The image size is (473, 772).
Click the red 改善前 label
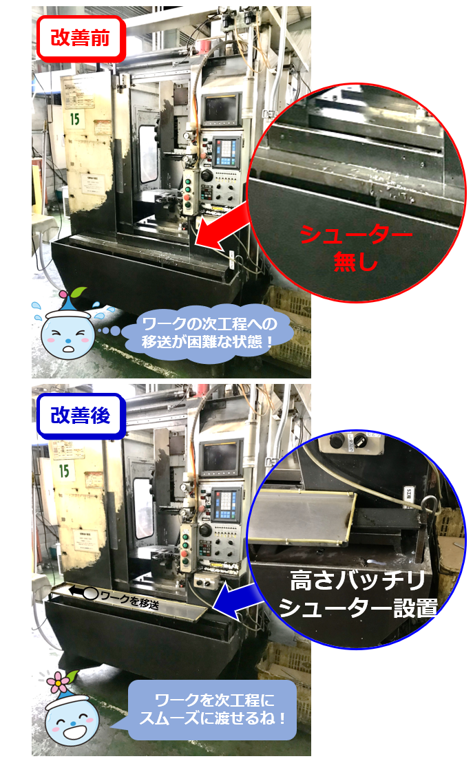(x=81, y=39)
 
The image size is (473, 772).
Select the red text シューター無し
(x=356, y=247)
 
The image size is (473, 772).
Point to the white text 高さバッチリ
(x=357, y=580)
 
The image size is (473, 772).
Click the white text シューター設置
(x=358, y=608)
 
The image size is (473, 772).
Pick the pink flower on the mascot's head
(x=58, y=683)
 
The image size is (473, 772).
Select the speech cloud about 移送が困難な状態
(x=207, y=333)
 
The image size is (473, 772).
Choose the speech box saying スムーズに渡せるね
(x=213, y=709)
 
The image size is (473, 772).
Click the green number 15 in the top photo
(x=74, y=119)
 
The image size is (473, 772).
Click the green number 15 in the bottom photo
(x=64, y=471)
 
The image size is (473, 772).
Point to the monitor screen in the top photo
(x=220, y=109)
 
